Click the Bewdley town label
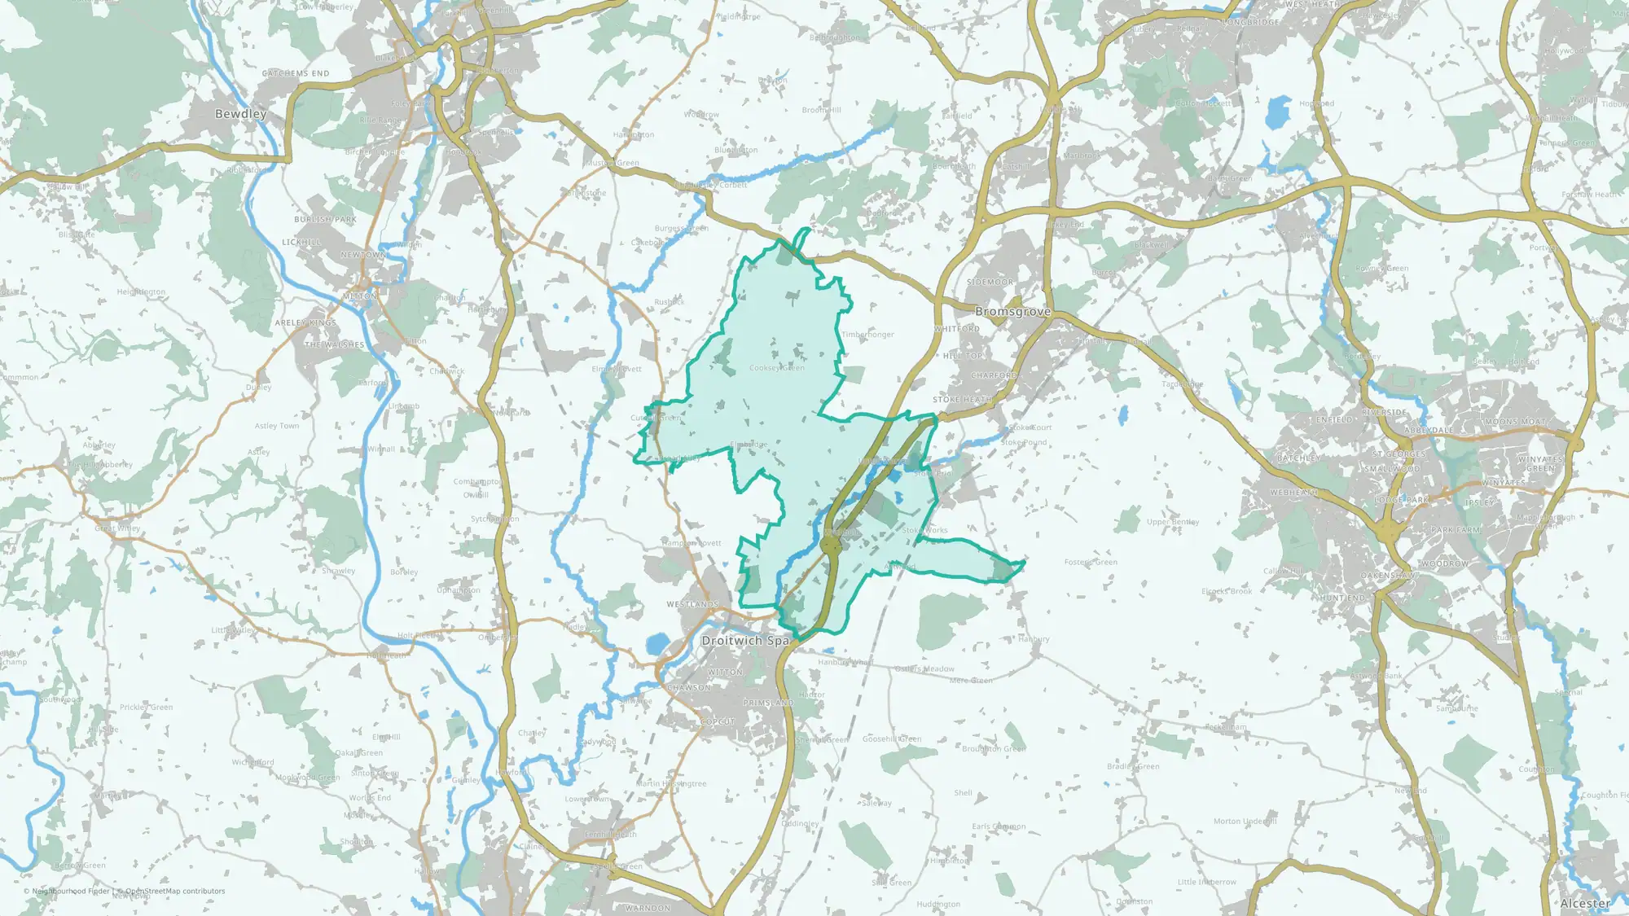pyautogui.click(x=240, y=114)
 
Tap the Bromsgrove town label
pyautogui.click(x=1012, y=312)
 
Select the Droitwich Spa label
pyautogui.click(x=745, y=641)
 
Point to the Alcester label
pyautogui.click(x=1585, y=903)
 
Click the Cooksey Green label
pyautogui.click(x=776, y=368)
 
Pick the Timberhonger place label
pyautogui.click(x=867, y=335)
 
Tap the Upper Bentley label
pyautogui.click(x=1173, y=522)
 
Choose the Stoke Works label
pyautogui.click(x=924, y=530)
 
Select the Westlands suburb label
pyautogui.click(x=692, y=604)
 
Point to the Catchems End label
pyautogui.click(x=296, y=73)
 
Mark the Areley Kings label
pyautogui.click(x=305, y=323)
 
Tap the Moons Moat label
pyautogui.click(x=1515, y=422)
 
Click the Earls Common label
pyautogui.click(x=999, y=826)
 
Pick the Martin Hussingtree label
pyautogui.click(x=671, y=783)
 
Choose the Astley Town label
pyautogui.click(x=277, y=426)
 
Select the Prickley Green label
pyautogui.click(x=146, y=708)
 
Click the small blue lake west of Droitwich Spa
pyautogui.click(x=656, y=646)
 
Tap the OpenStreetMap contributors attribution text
pyautogui.click(x=175, y=891)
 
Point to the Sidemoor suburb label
pyautogui.click(x=990, y=282)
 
